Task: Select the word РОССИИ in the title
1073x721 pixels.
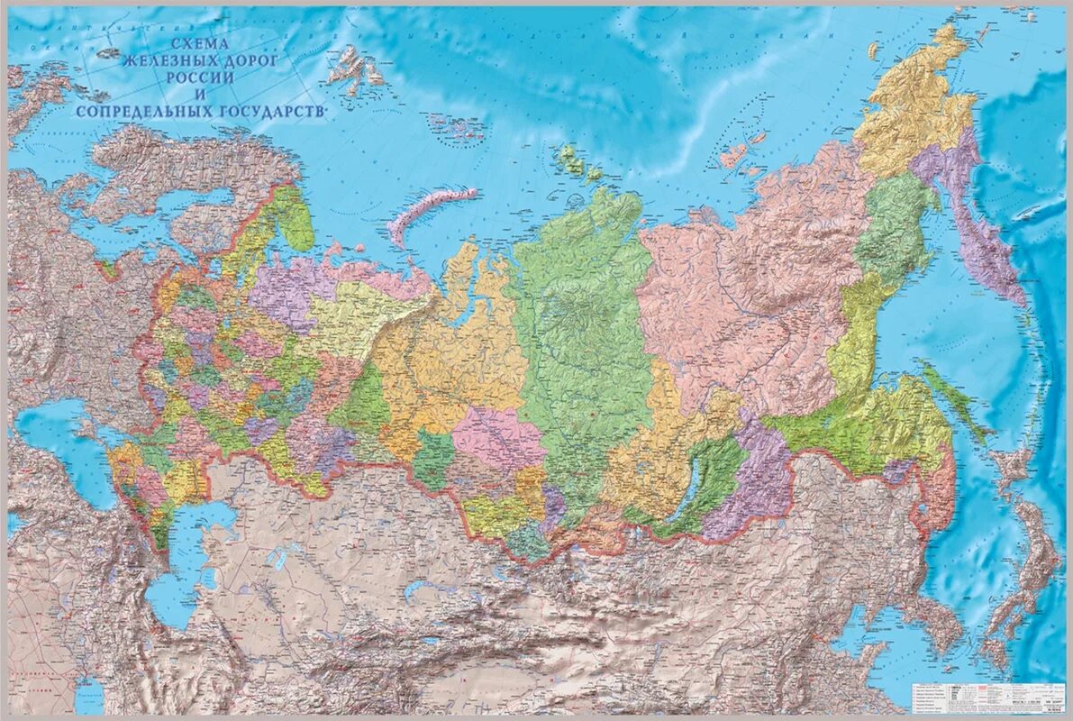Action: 200,78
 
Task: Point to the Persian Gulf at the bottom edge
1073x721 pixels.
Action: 90,694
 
